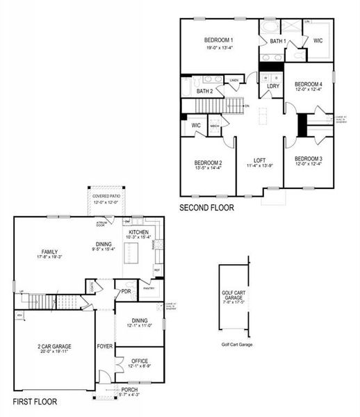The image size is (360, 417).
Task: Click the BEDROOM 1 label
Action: click(218, 40)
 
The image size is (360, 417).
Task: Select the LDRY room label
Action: click(273, 86)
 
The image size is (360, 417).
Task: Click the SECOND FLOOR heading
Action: click(206, 207)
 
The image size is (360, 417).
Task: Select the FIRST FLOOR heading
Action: click(35, 402)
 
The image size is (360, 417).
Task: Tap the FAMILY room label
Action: click(49, 252)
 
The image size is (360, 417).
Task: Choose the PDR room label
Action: click(126, 291)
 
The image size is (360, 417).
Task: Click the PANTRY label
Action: click(148, 288)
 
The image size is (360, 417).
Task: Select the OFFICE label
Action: click(139, 360)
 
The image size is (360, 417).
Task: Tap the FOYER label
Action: click(105, 345)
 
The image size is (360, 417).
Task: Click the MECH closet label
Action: click(214, 125)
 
